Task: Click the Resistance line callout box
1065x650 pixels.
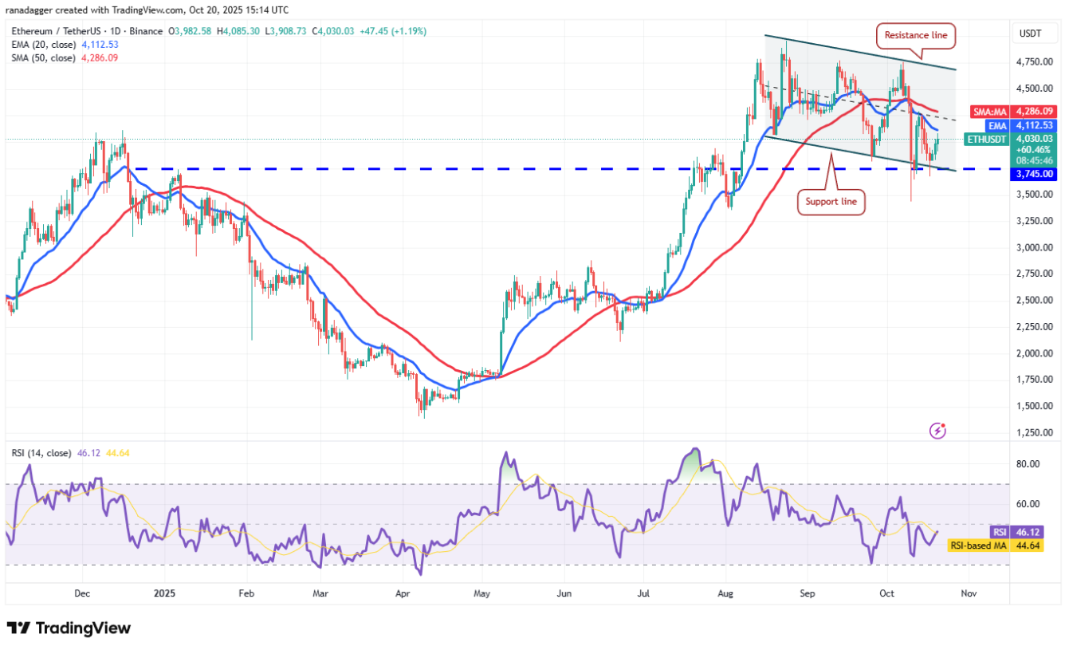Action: [x=918, y=34]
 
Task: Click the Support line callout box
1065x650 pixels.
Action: [x=831, y=202]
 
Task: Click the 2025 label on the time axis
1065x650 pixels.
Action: [x=165, y=593]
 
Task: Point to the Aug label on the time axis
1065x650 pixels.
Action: [x=725, y=593]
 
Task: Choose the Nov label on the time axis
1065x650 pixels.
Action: [x=969, y=593]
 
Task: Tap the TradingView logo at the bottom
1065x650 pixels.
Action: [x=69, y=628]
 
